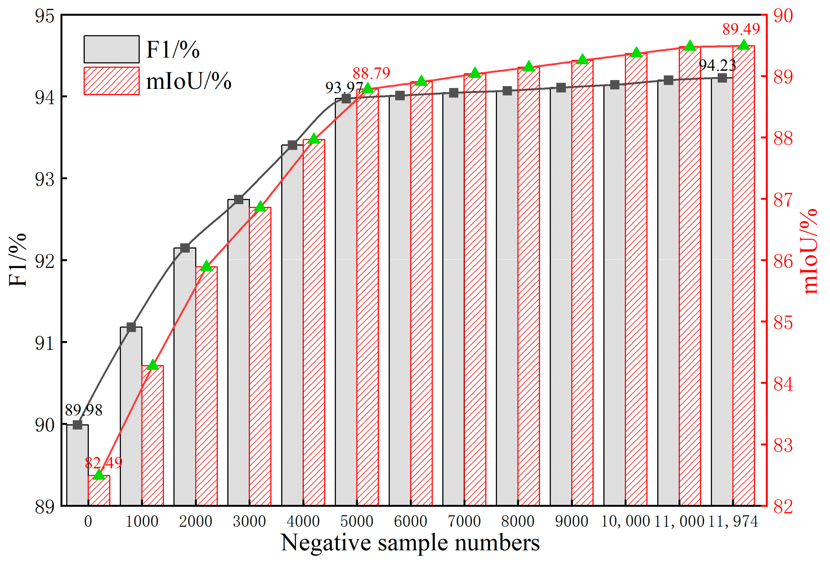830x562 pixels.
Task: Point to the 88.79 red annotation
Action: coord(371,73)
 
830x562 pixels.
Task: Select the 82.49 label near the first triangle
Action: coord(104,463)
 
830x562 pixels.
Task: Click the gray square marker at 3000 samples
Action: coord(239,200)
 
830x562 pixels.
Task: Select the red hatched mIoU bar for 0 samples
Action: coord(99,490)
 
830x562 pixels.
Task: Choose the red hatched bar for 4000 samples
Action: coord(314,321)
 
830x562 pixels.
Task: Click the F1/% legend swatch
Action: coord(111,49)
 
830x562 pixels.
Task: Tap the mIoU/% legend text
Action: coord(189,81)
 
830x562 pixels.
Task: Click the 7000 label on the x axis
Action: coord(464,522)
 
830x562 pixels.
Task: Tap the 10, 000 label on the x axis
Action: coord(625,522)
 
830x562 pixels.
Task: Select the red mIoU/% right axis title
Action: coord(811,251)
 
